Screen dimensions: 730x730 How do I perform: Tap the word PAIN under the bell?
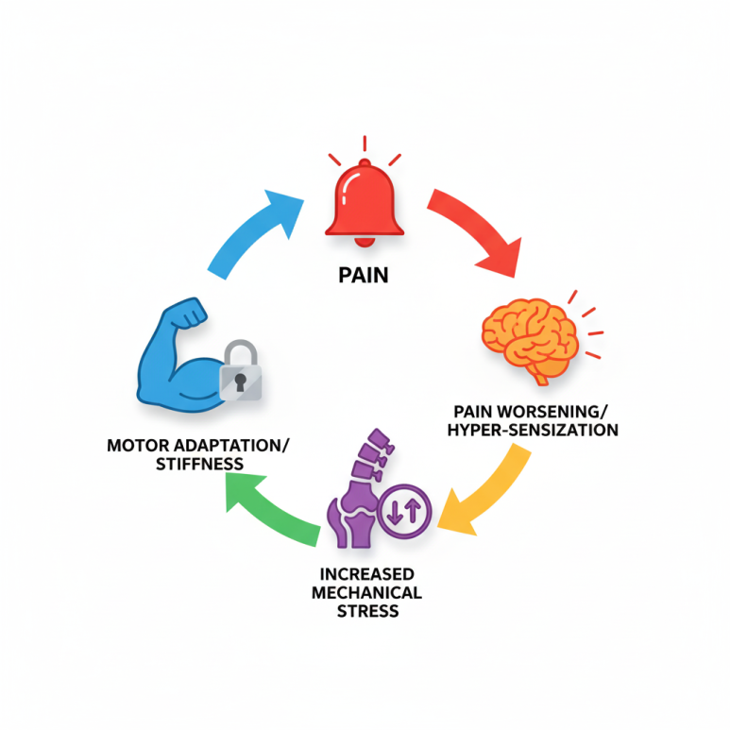pyautogui.click(x=365, y=279)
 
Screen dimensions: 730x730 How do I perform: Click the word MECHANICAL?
pyautogui.click(x=367, y=592)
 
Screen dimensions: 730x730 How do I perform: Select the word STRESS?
pyautogui.click(x=367, y=611)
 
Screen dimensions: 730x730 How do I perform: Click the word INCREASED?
pyautogui.click(x=367, y=574)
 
